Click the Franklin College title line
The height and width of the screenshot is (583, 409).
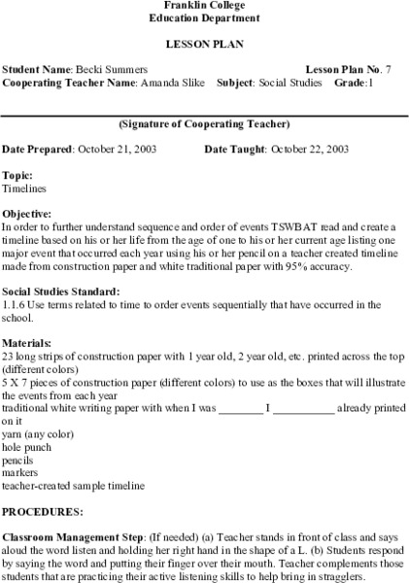click(205, 6)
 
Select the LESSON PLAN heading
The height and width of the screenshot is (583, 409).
click(205, 45)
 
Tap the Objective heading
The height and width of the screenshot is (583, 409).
click(29, 212)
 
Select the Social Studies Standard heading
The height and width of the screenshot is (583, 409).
click(61, 291)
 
